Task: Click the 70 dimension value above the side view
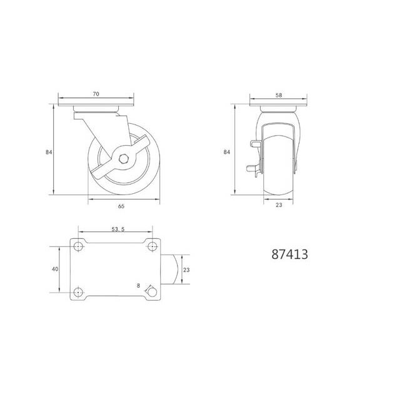(96, 94)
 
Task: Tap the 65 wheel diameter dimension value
(121, 206)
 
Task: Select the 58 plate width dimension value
(279, 95)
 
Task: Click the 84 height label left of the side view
(49, 152)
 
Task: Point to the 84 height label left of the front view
(226, 152)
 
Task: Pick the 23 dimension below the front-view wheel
(279, 205)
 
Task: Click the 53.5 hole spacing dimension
(118, 229)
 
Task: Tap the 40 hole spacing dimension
(55, 269)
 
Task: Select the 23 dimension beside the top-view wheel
(186, 270)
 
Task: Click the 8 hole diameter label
(138, 286)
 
